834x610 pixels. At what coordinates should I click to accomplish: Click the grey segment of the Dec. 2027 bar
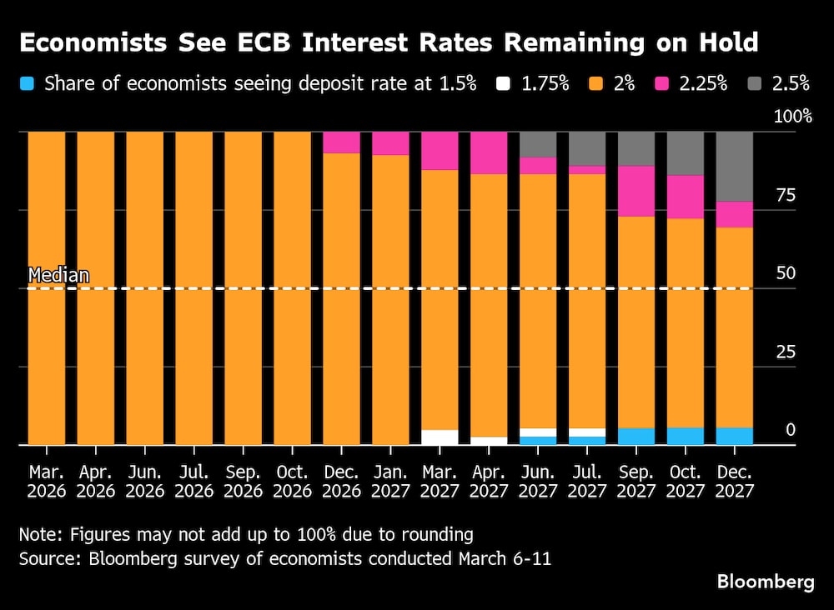click(734, 166)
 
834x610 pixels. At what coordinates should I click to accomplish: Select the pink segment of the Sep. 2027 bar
click(636, 191)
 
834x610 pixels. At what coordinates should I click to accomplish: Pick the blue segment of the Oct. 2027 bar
click(685, 436)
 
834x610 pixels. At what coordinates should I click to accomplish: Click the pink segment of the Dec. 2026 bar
click(341, 142)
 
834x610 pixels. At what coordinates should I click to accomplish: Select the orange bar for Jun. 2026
click(145, 287)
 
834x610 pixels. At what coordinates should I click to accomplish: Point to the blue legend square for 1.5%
click(28, 83)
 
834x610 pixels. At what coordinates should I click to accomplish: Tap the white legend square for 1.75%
click(503, 83)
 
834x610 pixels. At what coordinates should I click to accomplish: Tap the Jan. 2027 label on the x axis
click(390, 482)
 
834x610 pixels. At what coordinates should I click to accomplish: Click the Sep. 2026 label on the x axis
click(243, 482)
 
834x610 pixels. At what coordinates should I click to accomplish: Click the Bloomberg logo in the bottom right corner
click(765, 582)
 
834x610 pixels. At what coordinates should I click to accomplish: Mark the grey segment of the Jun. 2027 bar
click(537, 144)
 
